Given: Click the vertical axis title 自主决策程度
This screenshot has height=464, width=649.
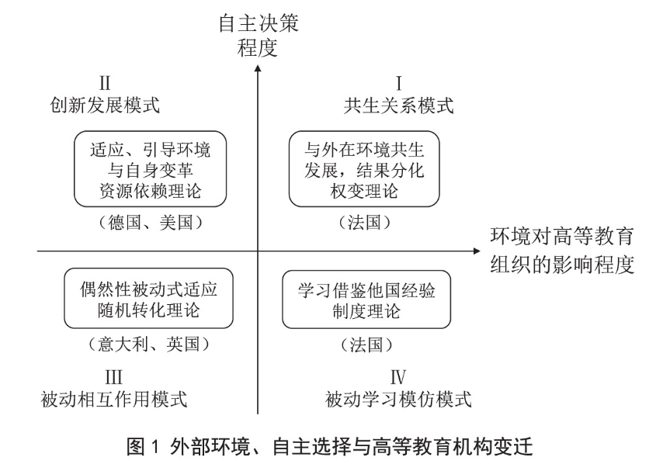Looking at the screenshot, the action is pos(259,36).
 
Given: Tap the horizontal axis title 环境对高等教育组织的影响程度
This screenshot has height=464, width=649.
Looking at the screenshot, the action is pos(562,251).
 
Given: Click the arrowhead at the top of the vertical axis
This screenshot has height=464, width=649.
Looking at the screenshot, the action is pos(258,68).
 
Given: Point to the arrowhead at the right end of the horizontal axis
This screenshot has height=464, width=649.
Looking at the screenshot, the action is pos(477,251).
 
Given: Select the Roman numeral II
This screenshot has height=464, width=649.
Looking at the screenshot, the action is pos(105,83).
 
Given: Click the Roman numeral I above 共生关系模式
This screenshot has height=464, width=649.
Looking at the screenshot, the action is pos(398,83).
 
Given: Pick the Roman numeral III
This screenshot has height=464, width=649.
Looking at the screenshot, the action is pos(113,377).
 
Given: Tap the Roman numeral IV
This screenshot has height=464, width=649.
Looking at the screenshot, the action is pos(397,377).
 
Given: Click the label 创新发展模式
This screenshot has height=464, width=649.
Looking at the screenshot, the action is pos(105,105).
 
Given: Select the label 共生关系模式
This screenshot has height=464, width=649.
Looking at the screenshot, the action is pos(398,105).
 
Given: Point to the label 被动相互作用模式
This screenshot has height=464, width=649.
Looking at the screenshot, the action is pos(114,399).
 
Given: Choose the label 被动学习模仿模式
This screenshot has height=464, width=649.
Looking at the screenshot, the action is pos(398,399).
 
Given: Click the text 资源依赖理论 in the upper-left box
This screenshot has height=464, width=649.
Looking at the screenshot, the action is pos(151,191).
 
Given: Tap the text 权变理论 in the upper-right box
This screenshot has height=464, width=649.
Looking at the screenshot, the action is pos(364,191).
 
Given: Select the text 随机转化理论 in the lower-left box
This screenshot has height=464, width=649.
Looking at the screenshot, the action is pos(148,310).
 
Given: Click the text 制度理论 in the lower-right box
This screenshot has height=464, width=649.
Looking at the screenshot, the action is pos(366,311).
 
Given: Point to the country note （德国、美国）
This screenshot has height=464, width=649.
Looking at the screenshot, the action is pos(151,223).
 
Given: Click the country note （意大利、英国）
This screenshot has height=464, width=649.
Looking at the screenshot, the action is pos(148,344).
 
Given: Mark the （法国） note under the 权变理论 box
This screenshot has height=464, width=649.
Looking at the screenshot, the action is pos(364,223).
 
